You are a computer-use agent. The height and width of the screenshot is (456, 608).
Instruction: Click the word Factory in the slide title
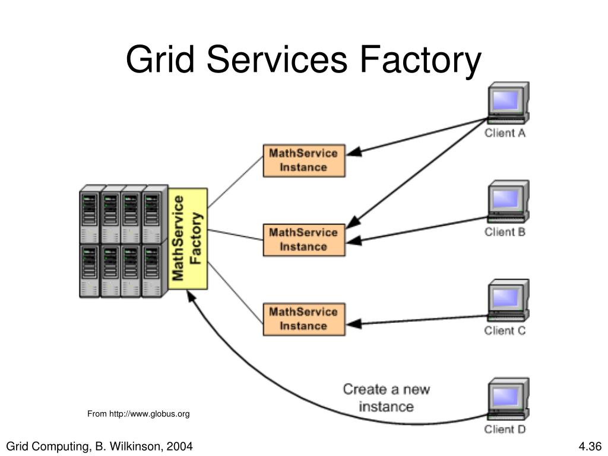(420, 60)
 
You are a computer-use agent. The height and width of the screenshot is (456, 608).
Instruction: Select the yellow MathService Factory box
(188, 239)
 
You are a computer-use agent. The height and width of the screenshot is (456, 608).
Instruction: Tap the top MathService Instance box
(303, 160)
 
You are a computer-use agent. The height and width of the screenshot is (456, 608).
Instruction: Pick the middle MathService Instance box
(303, 240)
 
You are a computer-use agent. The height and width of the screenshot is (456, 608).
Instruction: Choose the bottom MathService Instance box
(303, 319)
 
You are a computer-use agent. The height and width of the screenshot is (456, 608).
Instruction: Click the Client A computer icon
(508, 103)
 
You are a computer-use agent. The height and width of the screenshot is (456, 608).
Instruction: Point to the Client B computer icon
(508, 202)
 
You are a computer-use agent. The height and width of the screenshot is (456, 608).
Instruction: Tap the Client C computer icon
(508, 300)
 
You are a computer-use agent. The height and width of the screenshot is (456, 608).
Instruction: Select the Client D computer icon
(508, 399)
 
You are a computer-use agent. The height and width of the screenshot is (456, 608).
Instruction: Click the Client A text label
(505, 133)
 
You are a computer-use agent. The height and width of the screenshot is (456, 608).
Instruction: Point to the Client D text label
(505, 429)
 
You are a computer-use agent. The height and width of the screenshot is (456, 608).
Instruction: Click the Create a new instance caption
(386, 398)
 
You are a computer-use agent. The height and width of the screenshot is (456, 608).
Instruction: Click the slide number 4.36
(590, 446)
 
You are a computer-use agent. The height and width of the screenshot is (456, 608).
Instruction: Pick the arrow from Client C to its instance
(417, 320)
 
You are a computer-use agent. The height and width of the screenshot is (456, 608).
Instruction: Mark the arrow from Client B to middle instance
(417, 229)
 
